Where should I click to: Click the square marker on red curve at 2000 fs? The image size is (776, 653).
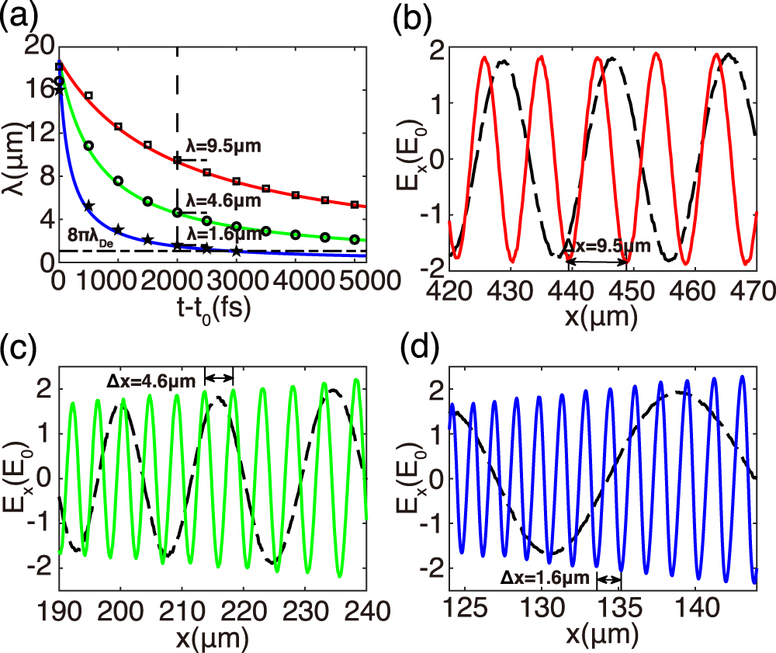[178, 160]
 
